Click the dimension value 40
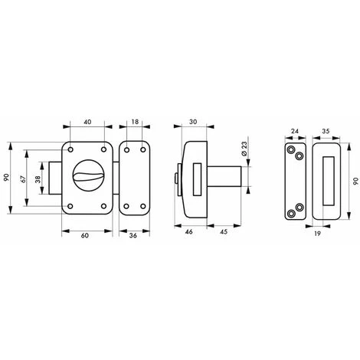(87, 122)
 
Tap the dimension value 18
(135, 122)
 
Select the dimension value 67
(24, 178)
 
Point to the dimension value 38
(38, 179)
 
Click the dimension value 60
(84, 235)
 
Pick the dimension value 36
(133, 235)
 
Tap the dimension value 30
(193, 122)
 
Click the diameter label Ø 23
(244, 149)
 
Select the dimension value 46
(188, 232)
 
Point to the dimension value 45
(223, 232)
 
